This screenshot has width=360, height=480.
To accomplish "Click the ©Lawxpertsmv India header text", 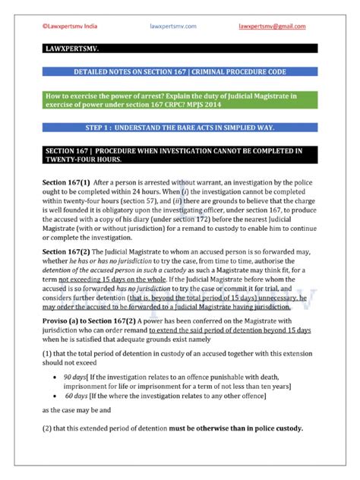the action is coord(66,25).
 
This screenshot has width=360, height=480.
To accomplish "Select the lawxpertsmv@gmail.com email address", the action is coord(272,25).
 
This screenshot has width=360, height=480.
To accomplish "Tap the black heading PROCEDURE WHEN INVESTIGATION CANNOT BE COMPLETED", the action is coord(179,156).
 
